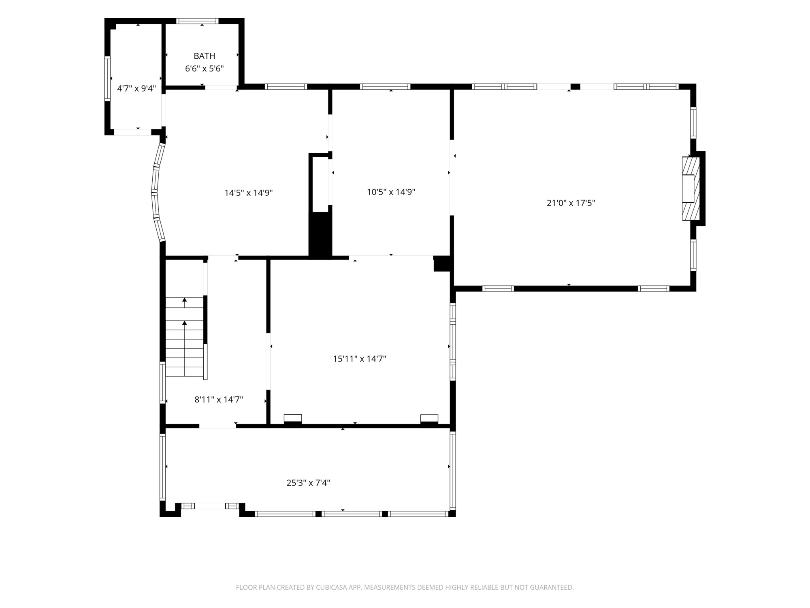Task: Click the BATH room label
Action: click(204, 56)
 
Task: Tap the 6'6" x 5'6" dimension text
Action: click(204, 69)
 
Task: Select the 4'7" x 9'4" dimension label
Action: click(136, 88)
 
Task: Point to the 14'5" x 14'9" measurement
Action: click(249, 193)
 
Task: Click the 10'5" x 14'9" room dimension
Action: click(391, 192)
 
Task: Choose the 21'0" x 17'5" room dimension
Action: click(571, 203)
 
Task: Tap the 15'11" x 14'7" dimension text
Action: click(359, 359)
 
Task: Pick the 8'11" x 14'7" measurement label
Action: click(219, 400)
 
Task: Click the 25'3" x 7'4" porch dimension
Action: click(308, 483)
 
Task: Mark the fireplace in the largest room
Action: click(691, 188)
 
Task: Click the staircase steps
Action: click(185, 337)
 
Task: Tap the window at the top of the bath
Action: click(197, 21)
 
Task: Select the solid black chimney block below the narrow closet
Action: click(320, 235)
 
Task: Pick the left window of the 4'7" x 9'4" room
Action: click(107, 79)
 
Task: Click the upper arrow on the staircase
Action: click(185, 300)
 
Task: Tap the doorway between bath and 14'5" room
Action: click(221, 87)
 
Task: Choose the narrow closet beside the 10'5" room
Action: click(320, 183)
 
